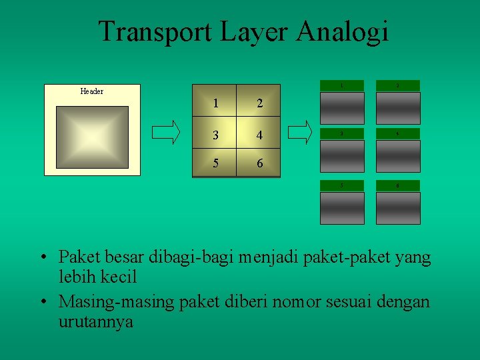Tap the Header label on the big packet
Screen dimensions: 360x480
pos(91,91)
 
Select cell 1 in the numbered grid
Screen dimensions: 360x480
pos(214,103)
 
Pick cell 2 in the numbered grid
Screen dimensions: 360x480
pos(259,103)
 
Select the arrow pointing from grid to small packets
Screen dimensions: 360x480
pos(302,131)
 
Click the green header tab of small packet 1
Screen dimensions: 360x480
pos(343,85)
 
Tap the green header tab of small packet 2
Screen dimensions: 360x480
pos(398,85)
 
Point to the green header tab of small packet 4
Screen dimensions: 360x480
pos(398,133)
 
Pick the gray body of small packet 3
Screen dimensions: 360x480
pos(343,156)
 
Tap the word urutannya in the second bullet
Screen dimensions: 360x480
pos(96,321)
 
